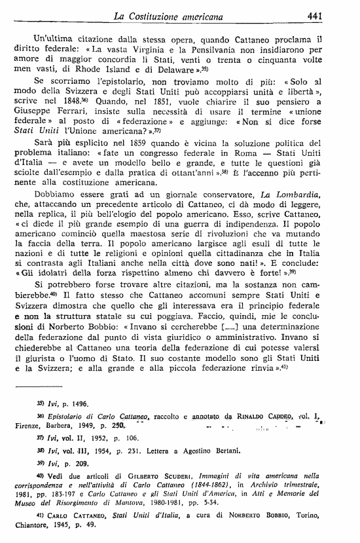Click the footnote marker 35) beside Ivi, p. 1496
point(50,403)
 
